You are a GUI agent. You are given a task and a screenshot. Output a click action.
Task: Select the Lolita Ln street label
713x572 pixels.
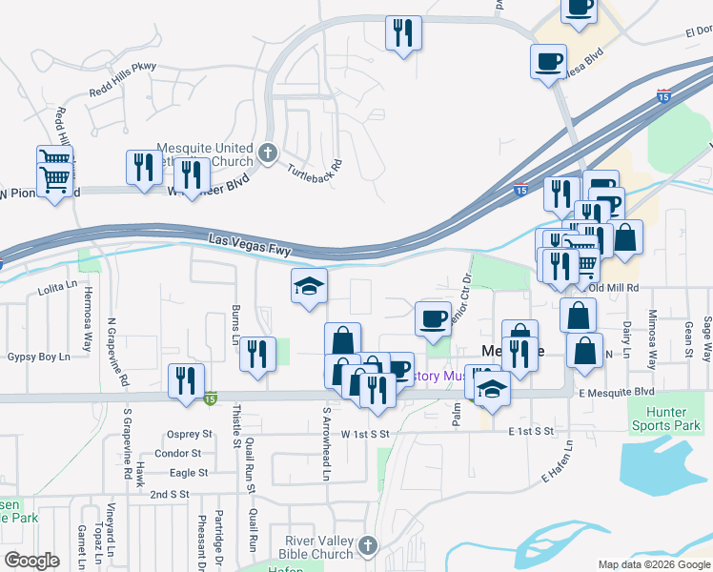pyautogui.click(x=56, y=284)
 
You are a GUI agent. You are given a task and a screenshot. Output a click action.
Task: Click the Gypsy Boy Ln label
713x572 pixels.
pyautogui.click(x=39, y=357)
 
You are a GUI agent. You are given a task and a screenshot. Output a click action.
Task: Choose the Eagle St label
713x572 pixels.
pyautogui.click(x=189, y=473)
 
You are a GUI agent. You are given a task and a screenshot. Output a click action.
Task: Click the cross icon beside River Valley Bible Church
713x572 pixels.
pyautogui.click(x=368, y=547)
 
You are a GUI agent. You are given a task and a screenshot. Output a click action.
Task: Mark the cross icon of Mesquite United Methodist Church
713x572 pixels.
pyautogui.click(x=269, y=153)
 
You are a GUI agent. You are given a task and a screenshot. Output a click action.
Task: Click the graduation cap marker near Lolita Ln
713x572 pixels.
pyautogui.click(x=309, y=287)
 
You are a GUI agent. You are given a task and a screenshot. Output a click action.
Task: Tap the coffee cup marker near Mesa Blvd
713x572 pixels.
pyautogui.click(x=548, y=63)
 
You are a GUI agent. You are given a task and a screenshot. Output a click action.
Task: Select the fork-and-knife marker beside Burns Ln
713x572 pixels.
pyautogui.click(x=255, y=355)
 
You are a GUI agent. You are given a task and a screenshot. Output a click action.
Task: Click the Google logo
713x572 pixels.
pyautogui.click(x=31, y=561)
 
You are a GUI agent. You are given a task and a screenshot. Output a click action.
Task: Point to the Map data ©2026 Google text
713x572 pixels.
pyautogui.click(x=652, y=564)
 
